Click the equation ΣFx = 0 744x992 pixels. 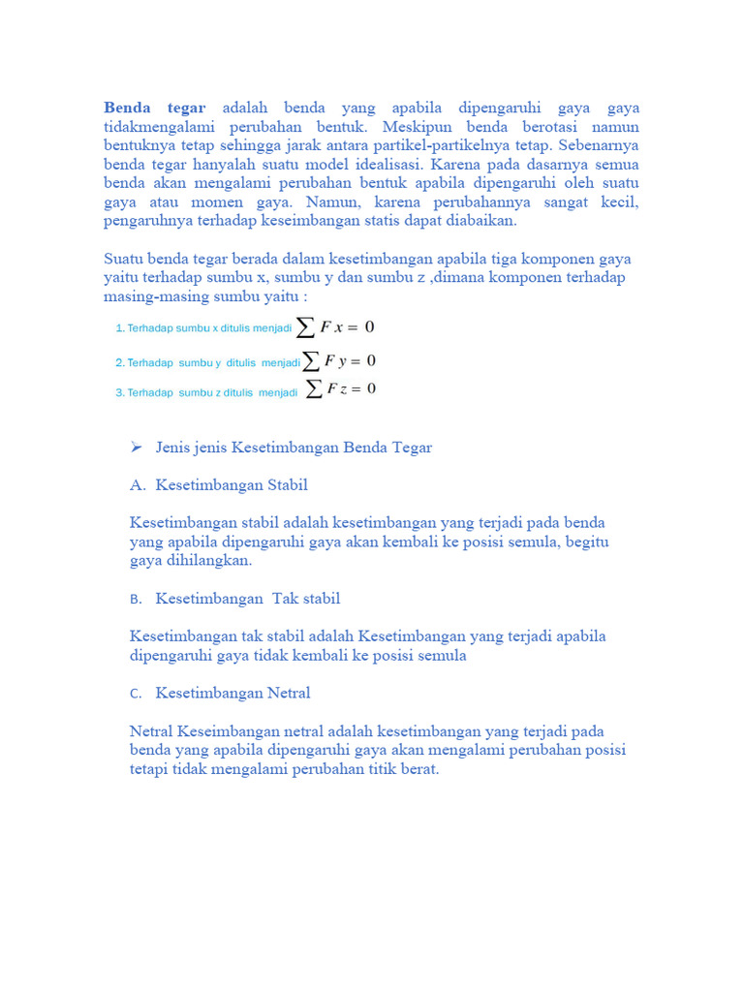tap(335, 327)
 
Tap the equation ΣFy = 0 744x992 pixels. tap(339, 361)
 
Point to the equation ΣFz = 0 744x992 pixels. tap(340, 389)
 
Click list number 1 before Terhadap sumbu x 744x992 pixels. tap(119, 329)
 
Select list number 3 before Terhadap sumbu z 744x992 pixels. tap(119, 393)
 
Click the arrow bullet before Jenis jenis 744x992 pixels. tap(137, 447)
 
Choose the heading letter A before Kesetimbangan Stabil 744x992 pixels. tap(136, 484)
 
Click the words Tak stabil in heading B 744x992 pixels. tap(306, 599)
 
